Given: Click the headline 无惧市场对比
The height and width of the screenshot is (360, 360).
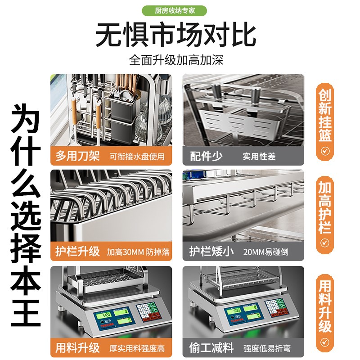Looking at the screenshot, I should click(x=176, y=35).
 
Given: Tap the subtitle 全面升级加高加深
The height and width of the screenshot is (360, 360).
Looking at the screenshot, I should click(x=176, y=60).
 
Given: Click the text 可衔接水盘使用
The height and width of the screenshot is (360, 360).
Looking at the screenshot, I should click(x=137, y=157).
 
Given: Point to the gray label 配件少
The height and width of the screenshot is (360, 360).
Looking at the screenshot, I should click(x=206, y=156).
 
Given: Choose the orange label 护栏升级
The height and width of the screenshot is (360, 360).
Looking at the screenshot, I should click(x=78, y=251).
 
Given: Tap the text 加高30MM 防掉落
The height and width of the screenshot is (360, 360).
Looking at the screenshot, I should click(x=139, y=252).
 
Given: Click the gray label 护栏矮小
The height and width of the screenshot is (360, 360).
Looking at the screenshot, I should click(x=211, y=251).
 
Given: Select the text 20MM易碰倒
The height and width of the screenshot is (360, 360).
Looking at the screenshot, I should click(x=263, y=252).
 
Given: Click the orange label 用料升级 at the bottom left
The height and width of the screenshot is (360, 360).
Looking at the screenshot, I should click(x=78, y=347).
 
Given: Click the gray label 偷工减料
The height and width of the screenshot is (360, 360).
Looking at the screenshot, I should click(x=211, y=347).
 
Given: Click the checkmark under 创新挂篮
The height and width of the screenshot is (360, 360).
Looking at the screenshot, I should click(x=325, y=150).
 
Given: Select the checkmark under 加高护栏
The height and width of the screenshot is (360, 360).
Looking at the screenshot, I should click(x=325, y=243).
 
